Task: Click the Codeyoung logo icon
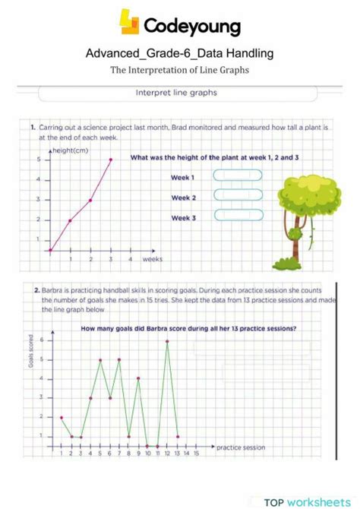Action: tap(130, 22)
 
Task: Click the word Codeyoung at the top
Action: tap(191, 27)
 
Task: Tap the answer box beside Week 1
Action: tap(238, 175)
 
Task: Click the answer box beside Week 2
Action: tap(238, 195)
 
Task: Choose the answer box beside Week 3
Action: tap(238, 215)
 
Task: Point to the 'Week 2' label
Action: tap(183, 198)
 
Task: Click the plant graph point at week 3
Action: tap(110, 160)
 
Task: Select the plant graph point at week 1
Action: tap(70, 220)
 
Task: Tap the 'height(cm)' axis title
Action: tap(69, 151)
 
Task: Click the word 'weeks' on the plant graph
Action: tap(152, 259)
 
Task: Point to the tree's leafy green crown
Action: tap(303, 194)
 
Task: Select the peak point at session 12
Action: tap(167, 342)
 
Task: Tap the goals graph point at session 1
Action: tap(62, 418)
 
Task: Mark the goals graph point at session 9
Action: tap(138, 378)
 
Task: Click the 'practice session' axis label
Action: tap(241, 447)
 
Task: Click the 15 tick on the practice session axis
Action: tap(196, 454)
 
